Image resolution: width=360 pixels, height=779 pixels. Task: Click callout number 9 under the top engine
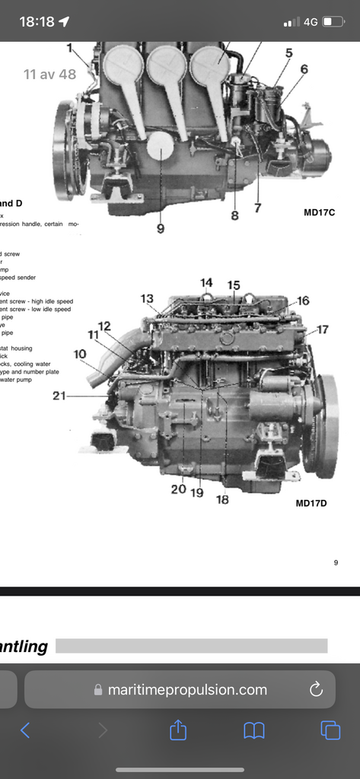pyautogui.click(x=161, y=228)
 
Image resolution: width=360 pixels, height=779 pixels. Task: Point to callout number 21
pyautogui.click(x=60, y=395)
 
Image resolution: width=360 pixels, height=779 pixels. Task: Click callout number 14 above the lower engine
pyautogui.click(x=206, y=283)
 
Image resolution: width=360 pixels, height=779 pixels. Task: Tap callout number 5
pyautogui.click(x=288, y=52)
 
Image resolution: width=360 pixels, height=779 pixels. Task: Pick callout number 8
pyautogui.click(x=234, y=215)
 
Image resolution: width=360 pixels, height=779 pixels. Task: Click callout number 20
pyautogui.click(x=178, y=489)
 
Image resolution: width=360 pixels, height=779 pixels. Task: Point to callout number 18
pyautogui.click(x=222, y=499)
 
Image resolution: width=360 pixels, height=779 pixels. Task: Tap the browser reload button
pyautogui.click(x=316, y=690)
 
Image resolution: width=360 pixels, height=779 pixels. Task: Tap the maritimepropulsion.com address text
pyautogui.click(x=187, y=690)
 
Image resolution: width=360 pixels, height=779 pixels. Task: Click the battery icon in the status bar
pyautogui.click(x=333, y=22)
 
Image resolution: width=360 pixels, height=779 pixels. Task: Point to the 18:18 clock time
pyautogui.click(x=37, y=22)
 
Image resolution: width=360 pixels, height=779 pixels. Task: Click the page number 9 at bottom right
pyautogui.click(x=336, y=563)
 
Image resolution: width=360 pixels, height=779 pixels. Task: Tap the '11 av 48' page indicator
pyautogui.click(x=51, y=74)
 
